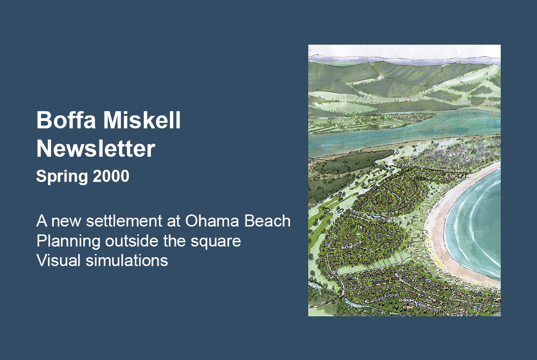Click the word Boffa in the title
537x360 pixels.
click(66, 120)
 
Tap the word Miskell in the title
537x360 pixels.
click(142, 120)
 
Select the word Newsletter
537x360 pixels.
click(96, 148)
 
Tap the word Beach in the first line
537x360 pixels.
click(267, 221)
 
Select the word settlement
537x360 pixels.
click(124, 221)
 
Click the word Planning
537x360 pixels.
click(68, 241)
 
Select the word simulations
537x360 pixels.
click(127, 260)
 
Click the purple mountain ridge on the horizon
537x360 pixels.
click(404, 60)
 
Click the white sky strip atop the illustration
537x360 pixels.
click(404, 51)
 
